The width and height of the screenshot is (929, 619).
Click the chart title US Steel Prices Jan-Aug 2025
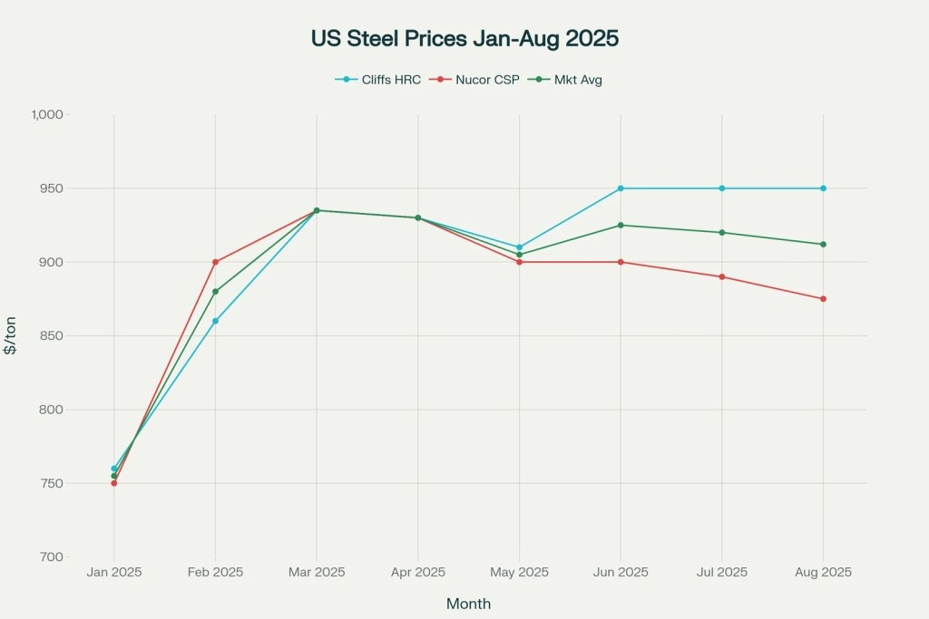(464, 40)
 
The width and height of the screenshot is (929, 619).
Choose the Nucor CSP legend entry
(477, 80)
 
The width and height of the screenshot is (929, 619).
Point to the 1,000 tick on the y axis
(45, 115)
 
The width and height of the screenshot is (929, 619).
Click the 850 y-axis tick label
(51, 336)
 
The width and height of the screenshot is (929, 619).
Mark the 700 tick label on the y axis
(51, 557)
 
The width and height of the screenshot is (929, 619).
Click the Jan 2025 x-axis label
(114, 573)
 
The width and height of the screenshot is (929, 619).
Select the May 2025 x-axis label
(519, 573)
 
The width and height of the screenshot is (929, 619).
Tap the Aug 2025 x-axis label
(823, 573)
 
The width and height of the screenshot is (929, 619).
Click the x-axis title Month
(468, 604)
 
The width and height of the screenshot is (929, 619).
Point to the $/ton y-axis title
(11, 336)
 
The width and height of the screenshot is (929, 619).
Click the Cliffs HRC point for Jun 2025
(621, 189)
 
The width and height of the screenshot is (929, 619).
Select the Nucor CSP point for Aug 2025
(823, 299)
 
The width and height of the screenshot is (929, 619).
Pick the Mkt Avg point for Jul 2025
(722, 233)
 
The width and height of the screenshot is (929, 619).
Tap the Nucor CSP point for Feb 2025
(215, 262)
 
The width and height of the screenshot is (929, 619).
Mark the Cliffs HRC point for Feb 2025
(215, 321)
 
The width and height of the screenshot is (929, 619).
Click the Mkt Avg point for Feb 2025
(215, 292)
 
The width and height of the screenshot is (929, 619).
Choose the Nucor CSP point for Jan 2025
(114, 483)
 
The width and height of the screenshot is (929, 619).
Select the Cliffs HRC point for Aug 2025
(823, 189)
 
